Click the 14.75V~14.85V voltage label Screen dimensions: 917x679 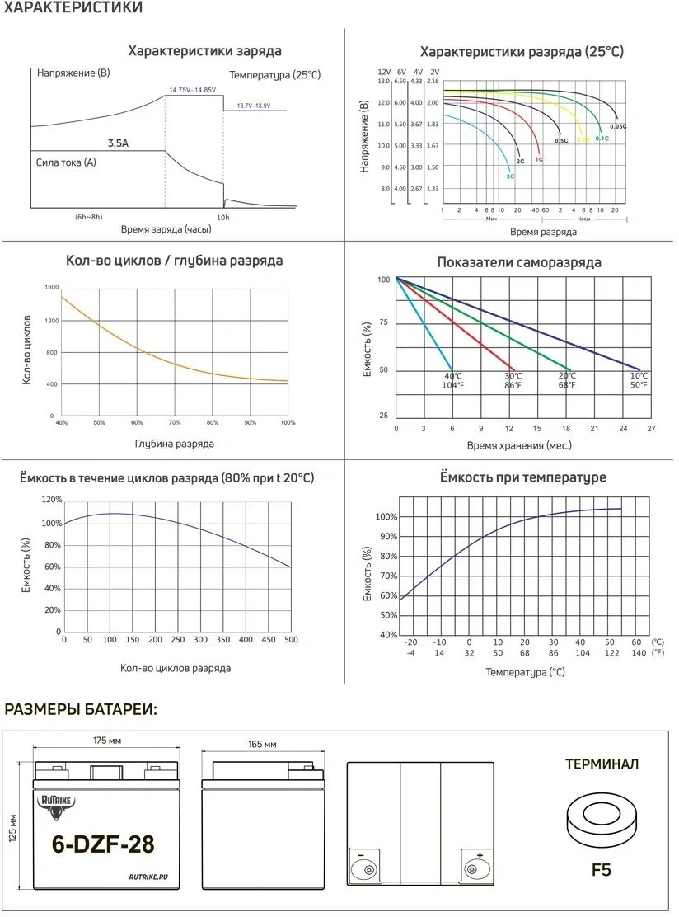tap(192, 89)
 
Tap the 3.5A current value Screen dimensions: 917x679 tap(118, 143)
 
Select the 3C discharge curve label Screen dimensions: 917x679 tap(510, 176)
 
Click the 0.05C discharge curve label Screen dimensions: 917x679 tap(618, 126)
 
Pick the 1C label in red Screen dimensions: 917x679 tap(539, 158)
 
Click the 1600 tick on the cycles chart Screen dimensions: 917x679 tap(52, 287)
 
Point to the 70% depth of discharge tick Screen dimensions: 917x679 tap(175, 422)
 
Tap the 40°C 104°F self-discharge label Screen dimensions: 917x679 tap(452, 380)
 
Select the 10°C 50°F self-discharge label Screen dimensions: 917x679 tap(639, 380)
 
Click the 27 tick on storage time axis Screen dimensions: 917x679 tap(651, 429)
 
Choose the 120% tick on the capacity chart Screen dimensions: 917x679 tap(52, 501)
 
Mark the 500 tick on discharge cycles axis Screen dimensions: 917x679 tap(291, 639)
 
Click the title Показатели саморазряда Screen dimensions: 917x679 tap(518, 262)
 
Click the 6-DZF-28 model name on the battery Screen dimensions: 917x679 tap(103, 844)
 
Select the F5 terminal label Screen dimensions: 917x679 tap(601, 869)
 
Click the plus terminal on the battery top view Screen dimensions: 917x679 tap(474, 867)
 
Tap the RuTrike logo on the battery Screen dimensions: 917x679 tap(55, 805)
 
